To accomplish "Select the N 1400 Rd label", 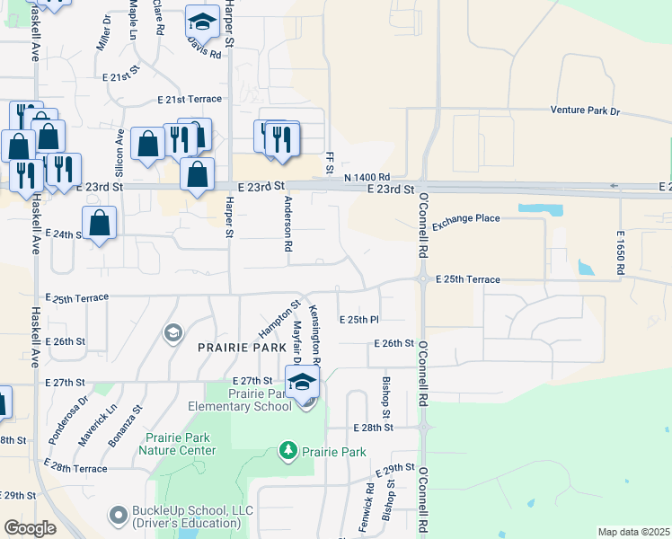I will point(368,178).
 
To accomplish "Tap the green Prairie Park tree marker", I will point(288,449).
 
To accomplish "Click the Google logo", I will point(30,528).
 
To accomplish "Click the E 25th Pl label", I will point(359,320).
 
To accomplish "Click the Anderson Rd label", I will point(289,230).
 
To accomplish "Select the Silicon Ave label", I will point(119,150).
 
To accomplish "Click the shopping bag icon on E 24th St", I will point(99,225).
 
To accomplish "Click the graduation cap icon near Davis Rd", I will point(203,22).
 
